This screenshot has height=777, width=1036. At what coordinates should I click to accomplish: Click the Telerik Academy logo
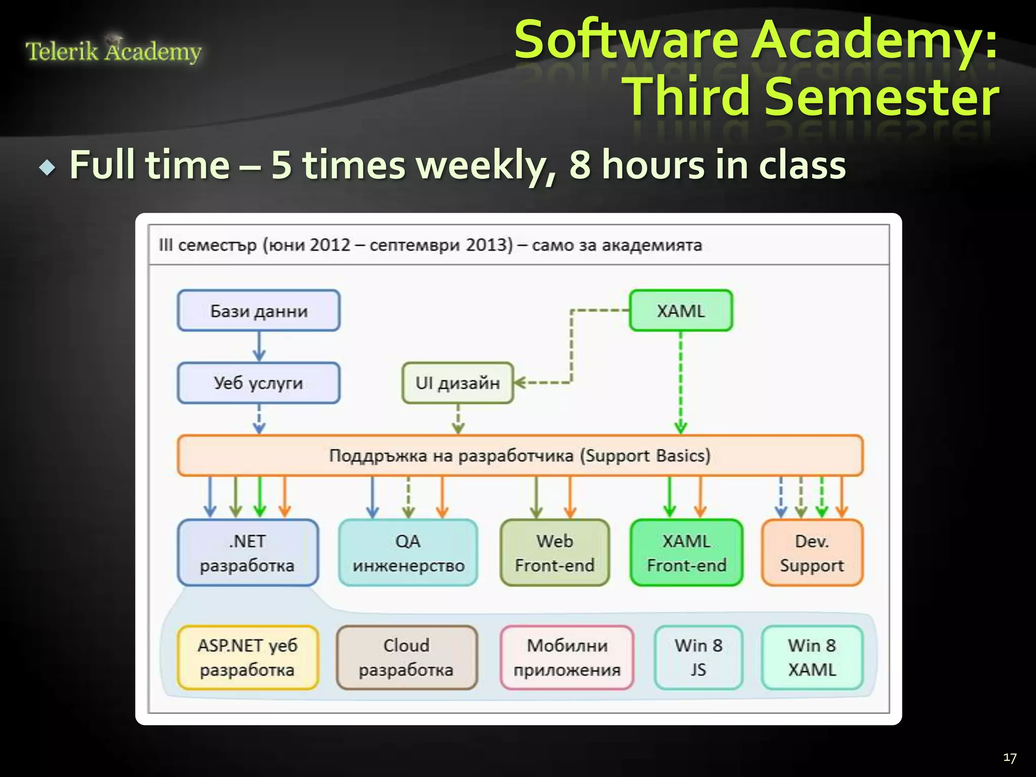(x=113, y=51)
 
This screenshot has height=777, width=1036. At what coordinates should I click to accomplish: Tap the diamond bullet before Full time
(x=48, y=167)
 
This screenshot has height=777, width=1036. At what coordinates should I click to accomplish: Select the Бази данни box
(x=258, y=311)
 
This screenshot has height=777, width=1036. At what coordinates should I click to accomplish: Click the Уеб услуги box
(x=258, y=383)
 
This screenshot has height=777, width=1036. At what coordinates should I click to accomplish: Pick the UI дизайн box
(x=457, y=383)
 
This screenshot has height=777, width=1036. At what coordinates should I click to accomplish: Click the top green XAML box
(x=680, y=311)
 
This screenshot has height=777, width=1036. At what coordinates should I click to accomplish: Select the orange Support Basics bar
(x=520, y=455)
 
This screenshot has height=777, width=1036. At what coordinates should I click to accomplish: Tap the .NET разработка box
(x=247, y=553)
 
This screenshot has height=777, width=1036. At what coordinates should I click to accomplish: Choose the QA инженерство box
(x=408, y=553)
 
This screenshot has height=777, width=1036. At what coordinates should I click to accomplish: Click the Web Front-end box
(x=554, y=553)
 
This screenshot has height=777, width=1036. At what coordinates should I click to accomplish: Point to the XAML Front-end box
(x=686, y=553)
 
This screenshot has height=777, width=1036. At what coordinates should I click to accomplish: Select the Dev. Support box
(x=812, y=553)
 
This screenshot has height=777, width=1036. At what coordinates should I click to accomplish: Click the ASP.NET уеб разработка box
(x=247, y=658)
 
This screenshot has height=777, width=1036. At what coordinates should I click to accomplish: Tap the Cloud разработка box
(x=407, y=658)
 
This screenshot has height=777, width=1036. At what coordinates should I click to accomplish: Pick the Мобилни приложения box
(x=567, y=658)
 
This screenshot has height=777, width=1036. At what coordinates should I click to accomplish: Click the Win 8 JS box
(x=698, y=658)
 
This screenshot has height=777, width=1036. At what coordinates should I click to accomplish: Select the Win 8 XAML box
(x=812, y=658)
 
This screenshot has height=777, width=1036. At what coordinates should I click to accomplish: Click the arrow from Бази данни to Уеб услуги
(x=259, y=347)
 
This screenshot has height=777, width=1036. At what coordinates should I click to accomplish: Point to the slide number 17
(x=1009, y=758)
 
